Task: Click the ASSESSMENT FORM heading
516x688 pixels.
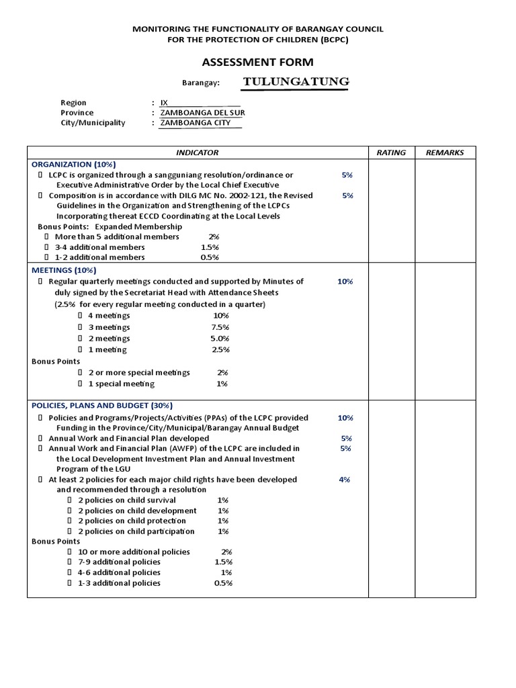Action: click(258, 62)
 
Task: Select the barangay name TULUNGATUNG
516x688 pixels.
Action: click(296, 82)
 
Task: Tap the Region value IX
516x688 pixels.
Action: click(164, 103)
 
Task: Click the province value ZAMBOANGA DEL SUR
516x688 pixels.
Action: click(198, 113)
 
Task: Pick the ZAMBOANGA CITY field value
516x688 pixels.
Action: click(195, 123)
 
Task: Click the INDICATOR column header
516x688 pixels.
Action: click(197, 153)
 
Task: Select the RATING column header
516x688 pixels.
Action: click(391, 153)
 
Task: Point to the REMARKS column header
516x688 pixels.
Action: click(445, 153)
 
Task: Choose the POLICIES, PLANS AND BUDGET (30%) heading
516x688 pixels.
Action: click(102, 406)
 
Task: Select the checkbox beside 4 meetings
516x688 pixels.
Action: click(81, 316)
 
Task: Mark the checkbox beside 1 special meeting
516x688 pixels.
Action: click(81, 384)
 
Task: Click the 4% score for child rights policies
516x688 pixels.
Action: click(345, 480)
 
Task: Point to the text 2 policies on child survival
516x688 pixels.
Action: click(127, 501)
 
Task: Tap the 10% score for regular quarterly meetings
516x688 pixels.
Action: click(345, 282)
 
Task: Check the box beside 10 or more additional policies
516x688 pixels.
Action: click(70, 552)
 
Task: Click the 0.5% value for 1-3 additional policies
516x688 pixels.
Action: click(223, 583)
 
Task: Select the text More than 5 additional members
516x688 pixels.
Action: click(117, 237)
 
